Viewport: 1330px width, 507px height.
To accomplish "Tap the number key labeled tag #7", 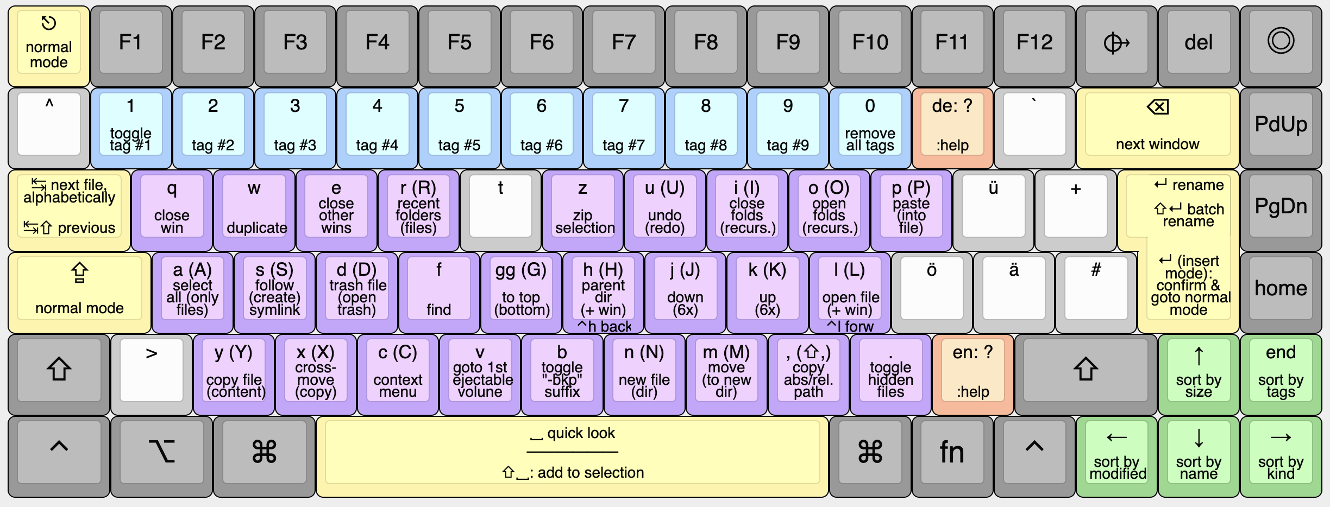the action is pos(623,126).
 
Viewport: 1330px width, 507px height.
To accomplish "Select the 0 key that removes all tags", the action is pos(870,126).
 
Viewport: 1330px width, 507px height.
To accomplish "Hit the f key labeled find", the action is pos(438,290).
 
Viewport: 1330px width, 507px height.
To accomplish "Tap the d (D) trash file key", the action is pos(356,290).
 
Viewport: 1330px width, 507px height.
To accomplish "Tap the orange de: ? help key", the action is pos(952,126).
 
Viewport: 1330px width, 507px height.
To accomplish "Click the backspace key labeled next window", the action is pos(1157,126).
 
